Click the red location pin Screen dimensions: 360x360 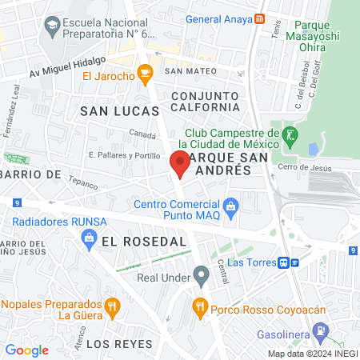tap(180, 164)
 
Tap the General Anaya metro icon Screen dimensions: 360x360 tap(258, 20)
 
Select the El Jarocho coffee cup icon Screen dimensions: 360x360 tap(145, 76)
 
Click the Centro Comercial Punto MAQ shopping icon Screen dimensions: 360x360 tap(231, 208)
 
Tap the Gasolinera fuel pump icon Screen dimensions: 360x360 tap(320, 330)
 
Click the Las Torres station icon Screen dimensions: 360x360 tap(289, 262)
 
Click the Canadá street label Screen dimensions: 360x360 tap(142, 134)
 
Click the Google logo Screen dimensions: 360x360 tap(27, 350)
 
